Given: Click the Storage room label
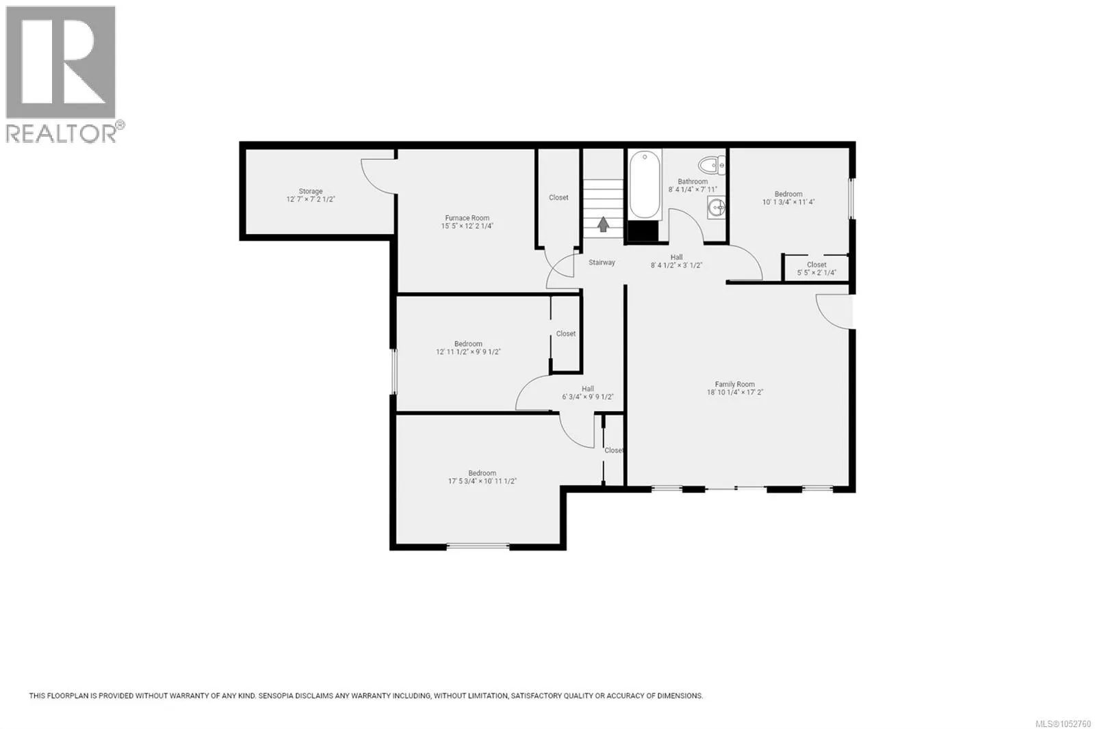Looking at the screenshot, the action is pos(311,191).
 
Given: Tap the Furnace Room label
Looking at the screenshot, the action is pos(467,218).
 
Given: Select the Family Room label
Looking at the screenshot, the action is pos(735,384).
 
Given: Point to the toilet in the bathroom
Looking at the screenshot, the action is pos(712,165).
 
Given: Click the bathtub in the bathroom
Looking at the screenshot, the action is pos(645,184).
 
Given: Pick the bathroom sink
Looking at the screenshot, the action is pos(717,208).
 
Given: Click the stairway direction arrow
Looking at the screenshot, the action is pos(603,224).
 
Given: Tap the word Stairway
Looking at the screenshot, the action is pos(602,263).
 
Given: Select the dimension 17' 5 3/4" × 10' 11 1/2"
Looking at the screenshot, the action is pos(482,481).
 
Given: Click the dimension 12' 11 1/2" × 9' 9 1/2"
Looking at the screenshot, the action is pos(468,352).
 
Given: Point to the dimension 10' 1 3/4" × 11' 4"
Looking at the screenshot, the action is pos(788,201).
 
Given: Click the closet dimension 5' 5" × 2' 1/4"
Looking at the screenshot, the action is pos(817,272).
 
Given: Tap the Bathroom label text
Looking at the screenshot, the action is pos(693,181).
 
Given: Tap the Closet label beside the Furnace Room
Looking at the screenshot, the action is pos(558,198).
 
